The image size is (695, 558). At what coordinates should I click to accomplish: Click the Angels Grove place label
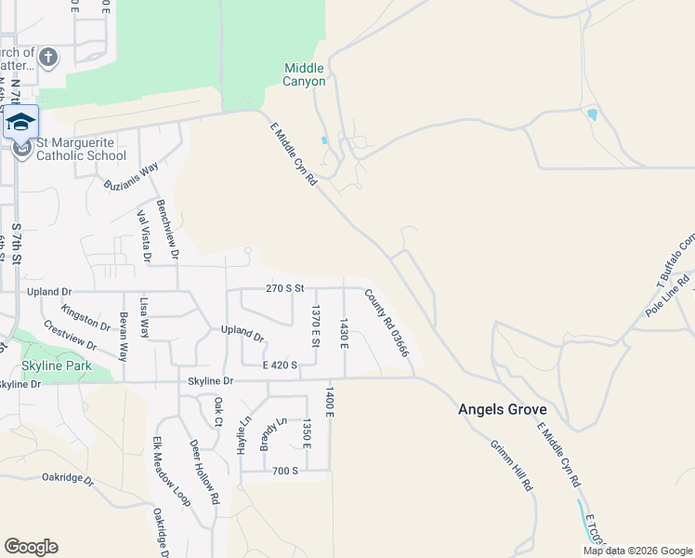click(x=502, y=409)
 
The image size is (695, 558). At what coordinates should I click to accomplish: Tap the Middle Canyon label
click(x=305, y=74)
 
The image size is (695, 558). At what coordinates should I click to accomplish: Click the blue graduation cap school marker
click(x=21, y=125)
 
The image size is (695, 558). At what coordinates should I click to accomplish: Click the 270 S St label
click(x=285, y=288)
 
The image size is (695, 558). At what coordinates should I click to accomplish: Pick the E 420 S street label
click(x=280, y=365)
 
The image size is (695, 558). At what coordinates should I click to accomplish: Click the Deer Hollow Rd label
click(x=203, y=472)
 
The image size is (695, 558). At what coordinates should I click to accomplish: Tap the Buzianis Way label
click(x=132, y=175)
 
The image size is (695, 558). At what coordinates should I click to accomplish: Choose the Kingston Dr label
click(x=85, y=315)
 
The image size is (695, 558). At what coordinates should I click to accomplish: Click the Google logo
click(x=31, y=547)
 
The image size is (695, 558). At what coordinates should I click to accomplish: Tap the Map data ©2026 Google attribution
click(x=637, y=551)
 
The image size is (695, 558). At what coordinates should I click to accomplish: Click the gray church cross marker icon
click(x=48, y=58)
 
